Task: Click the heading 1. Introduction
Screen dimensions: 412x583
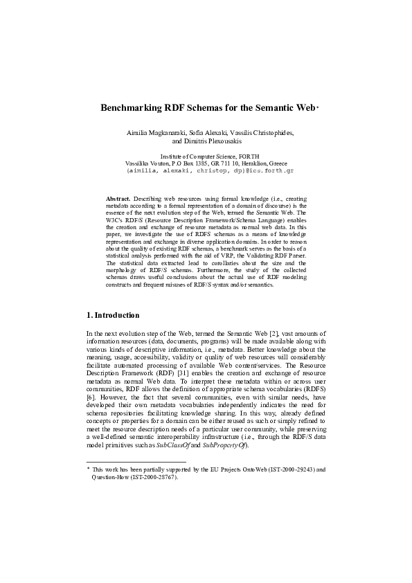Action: (x=111, y=316)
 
